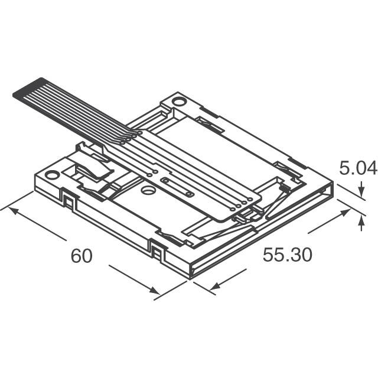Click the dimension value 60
[x=82, y=256]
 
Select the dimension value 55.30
[x=287, y=255]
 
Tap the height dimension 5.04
[x=357, y=169]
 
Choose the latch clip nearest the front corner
[x=158, y=252]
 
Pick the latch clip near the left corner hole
[x=69, y=201]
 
